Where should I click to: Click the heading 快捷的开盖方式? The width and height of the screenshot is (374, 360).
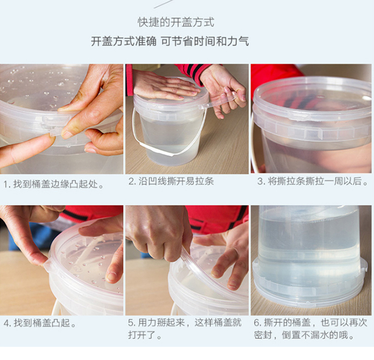[176, 22]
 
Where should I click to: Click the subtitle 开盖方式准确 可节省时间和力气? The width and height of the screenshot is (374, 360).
[170, 41]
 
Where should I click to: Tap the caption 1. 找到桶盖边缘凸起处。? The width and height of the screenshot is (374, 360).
[54, 184]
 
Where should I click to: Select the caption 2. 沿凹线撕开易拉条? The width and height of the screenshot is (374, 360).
[171, 181]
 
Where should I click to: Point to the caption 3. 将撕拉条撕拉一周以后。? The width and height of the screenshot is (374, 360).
[313, 181]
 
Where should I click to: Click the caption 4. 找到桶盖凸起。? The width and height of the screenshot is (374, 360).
[40, 323]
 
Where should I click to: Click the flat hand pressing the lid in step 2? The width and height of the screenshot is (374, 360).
[165, 87]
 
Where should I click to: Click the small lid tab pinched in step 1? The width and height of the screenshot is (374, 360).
[55, 132]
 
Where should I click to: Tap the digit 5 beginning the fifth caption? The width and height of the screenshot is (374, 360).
[131, 323]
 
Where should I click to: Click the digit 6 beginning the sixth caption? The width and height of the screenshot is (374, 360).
[256, 323]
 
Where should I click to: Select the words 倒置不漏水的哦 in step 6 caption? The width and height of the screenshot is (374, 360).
[315, 335]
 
